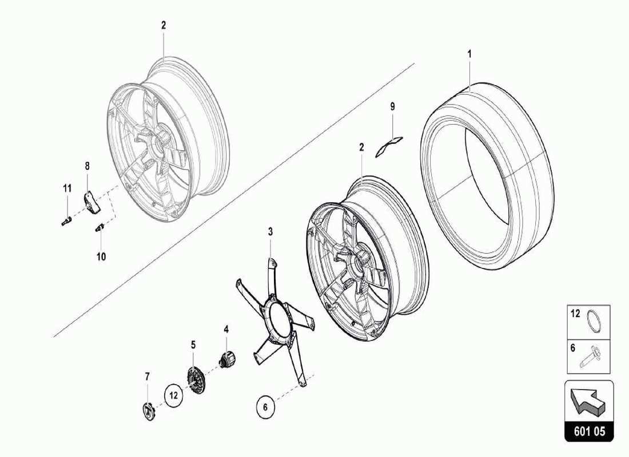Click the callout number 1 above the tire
pyautogui.click(x=469, y=54)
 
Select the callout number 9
pyautogui.click(x=392, y=106)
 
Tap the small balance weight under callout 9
pyautogui.click(x=389, y=146)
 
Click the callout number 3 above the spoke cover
pyautogui.click(x=270, y=231)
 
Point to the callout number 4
pyautogui.click(x=226, y=330)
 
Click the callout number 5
pyautogui.click(x=193, y=345)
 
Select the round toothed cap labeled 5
pyautogui.click(x=196, y=378)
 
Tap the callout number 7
pyautogui.click(x=147, y=376)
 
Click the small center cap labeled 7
pyautogui.click(x=148, y=410)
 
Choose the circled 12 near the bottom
pyautogui.click(x=174, y=394)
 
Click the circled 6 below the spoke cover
pyautogui.click(x=265, y=407)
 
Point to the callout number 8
pyautogui.click(x=87, y=166)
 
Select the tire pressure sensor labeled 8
pyautogui.click(x=90, y=201)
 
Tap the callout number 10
pyautogui.click(x=101, y=256)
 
